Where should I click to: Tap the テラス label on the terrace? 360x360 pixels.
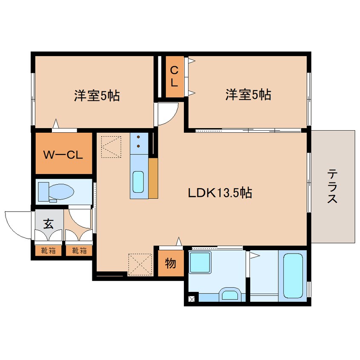pyautogui.click(x=332, y=186)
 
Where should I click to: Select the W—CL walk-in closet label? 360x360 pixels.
pyautogui.click(x=63, y=154)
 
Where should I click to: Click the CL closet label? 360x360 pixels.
pyautogui.click(x=174, y=77)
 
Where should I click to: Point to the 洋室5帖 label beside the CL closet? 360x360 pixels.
pyautogui.click(x=248, y=95)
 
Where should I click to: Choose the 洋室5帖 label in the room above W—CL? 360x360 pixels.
pyautogui.click(x=97, y=95)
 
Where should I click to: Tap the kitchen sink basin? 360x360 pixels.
pyautogui.click(x=139, y=182)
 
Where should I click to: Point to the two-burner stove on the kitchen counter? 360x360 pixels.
pyautogui.click(x=139, y=142)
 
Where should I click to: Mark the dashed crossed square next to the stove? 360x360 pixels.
pyautogui.click(x=111, y=146)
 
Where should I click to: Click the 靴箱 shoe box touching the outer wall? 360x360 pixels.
pyautogui.click(x=48, y=251)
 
